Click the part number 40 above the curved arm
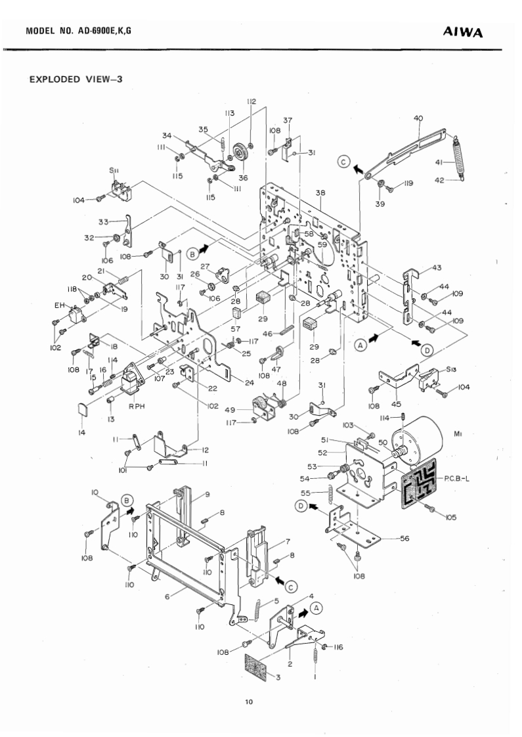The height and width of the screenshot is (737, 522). pyautogui.click(x=418, y=118)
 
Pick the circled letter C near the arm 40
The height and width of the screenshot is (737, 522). pyautogui.click(x=344, y=162)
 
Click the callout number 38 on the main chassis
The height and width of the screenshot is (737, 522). pyautogui.click(x=321, y=194)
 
